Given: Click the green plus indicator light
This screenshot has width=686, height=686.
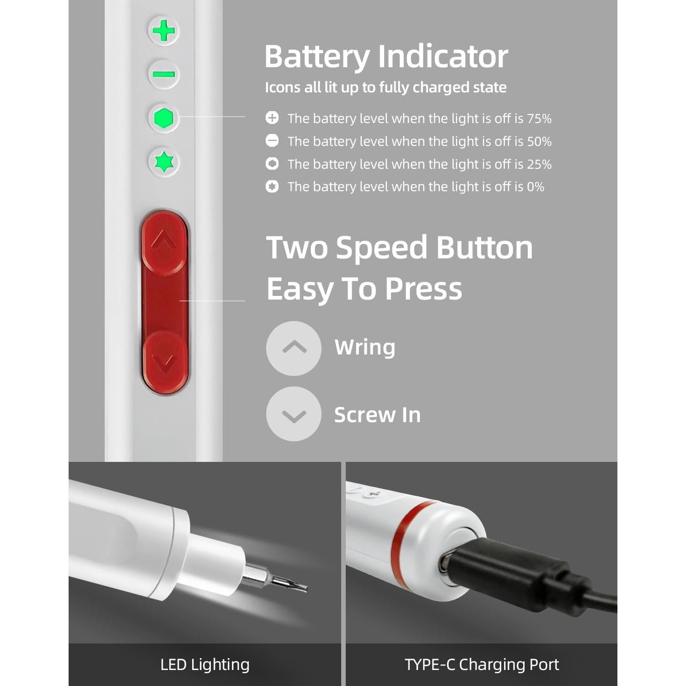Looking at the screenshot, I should pos(164,31).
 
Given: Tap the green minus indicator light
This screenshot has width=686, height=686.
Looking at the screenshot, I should pos(164,74).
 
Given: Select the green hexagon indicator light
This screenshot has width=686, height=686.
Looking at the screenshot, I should pos(164,118).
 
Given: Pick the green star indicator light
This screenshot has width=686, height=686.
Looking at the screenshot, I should pos(164,162).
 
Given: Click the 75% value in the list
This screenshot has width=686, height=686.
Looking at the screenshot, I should pos(539,118).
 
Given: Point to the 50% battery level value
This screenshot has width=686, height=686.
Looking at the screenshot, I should pos(539,141).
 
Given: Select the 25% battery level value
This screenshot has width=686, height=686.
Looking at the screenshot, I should pos(539,164).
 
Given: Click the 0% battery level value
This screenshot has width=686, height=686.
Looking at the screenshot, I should pos(536,187).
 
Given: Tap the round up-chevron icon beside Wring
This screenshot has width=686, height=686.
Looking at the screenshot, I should pos(294,348).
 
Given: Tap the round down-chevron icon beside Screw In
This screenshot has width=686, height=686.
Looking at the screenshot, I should pos(294,414).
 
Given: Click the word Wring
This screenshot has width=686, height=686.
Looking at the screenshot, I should pos(364,347).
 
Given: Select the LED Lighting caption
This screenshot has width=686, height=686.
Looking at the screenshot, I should pos(205,665).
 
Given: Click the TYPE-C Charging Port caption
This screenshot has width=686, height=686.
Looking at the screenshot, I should pos(482,665).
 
